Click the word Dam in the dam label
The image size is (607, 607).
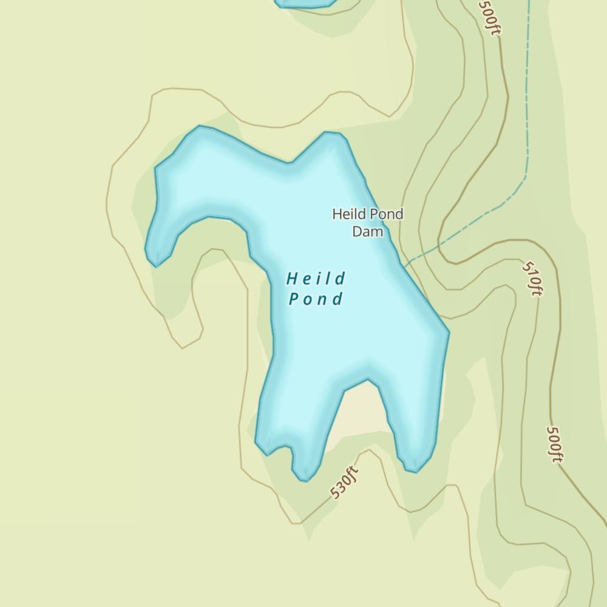(368, 231)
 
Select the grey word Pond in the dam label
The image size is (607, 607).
(387, 214)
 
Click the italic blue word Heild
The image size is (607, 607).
(316, 279)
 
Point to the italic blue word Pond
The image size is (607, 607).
(316, 299)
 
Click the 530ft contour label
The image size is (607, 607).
(344, 482)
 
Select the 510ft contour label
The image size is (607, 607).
(532, 279)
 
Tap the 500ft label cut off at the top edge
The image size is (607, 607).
(489, 17)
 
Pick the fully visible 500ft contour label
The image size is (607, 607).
(554, 444)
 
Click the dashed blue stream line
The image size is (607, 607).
(527, 121)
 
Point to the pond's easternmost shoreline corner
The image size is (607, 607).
(449, 332)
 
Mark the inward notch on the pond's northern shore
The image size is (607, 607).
(290, 163)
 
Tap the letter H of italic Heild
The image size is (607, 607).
(291, 279)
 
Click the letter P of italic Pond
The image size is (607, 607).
(294, 299)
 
